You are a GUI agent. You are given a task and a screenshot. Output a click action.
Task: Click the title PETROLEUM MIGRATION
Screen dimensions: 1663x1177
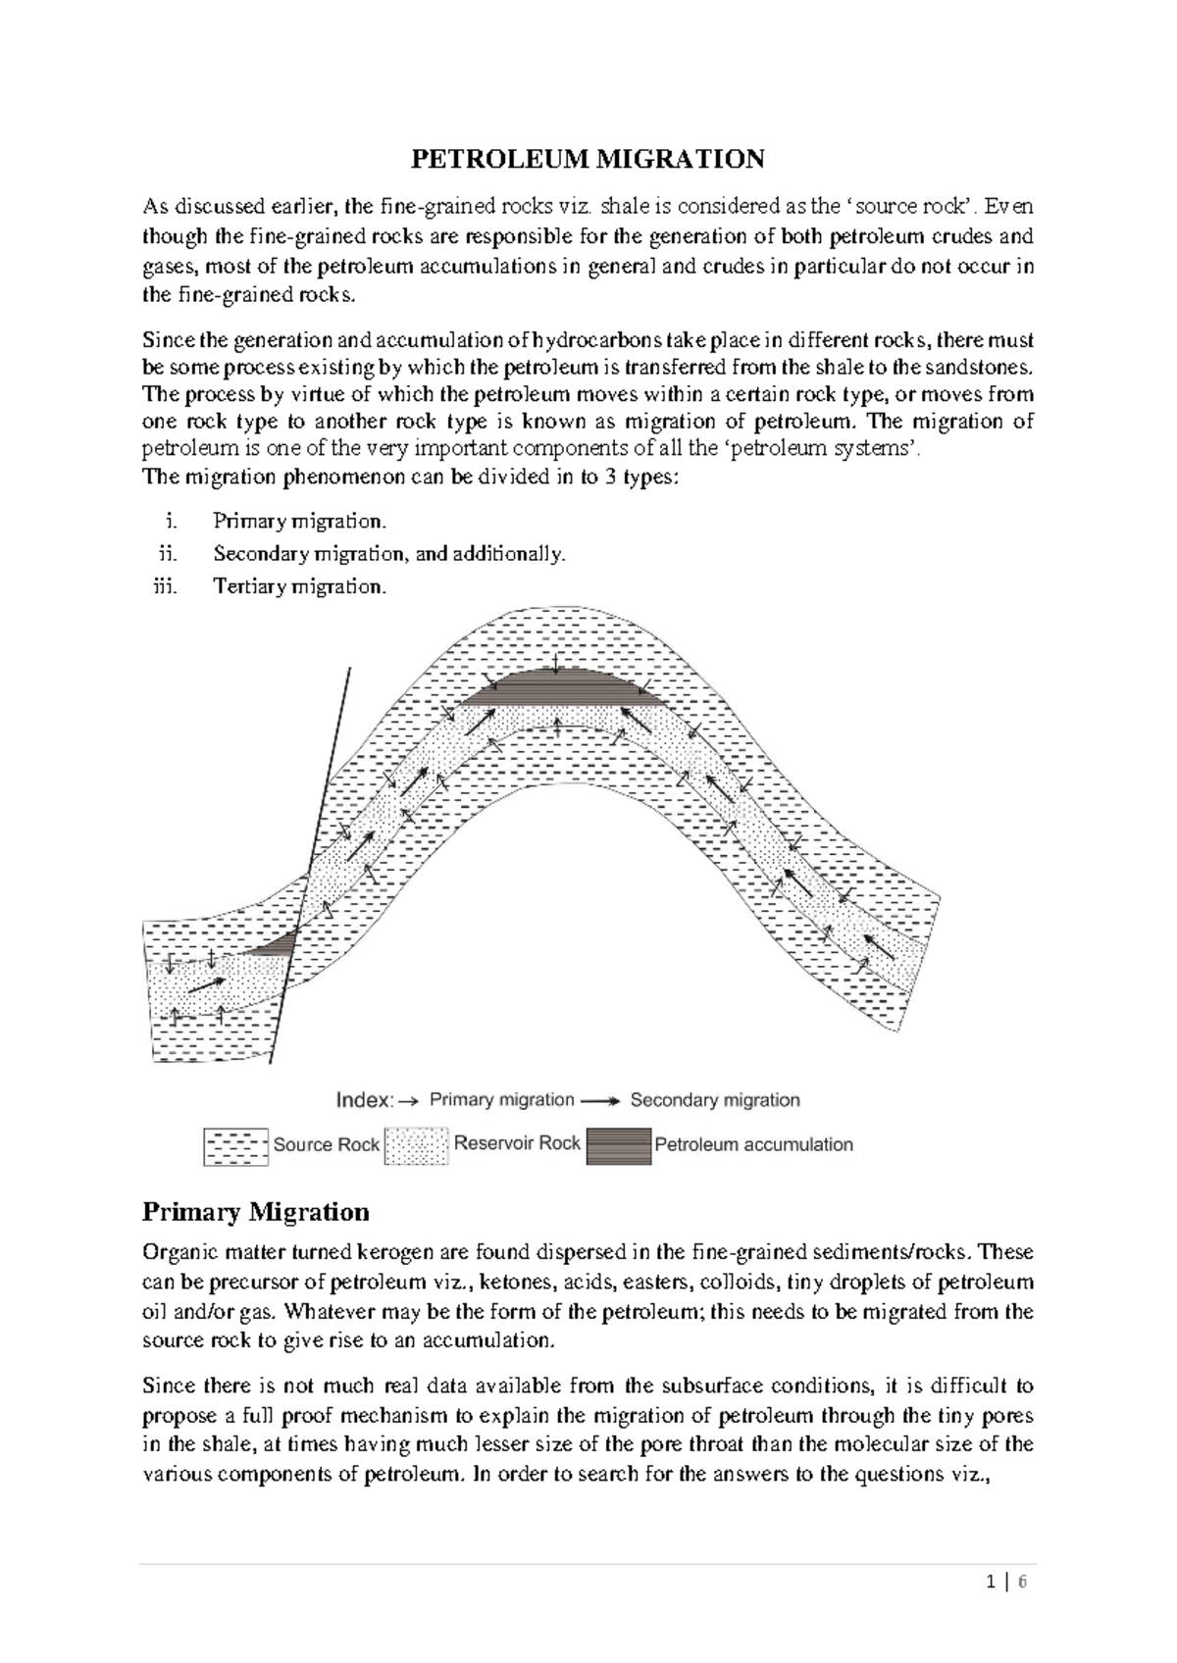pyautogui.click(x=587, y=159)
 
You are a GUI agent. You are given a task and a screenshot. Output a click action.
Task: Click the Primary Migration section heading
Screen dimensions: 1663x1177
pyautogui.click(x=255, y=1212)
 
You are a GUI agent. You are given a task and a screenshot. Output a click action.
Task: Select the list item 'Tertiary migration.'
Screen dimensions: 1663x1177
pyautogui.click(x=299, y=586)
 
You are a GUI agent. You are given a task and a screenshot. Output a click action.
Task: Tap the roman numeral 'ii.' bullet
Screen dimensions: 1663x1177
pyautogui.click(x=168, y=554)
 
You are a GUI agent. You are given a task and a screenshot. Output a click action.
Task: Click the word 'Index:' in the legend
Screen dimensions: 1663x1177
pyautogui.click(x=365, y=1100)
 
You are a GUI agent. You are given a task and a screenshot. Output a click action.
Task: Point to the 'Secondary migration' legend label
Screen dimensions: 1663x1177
pyautogui.click(x=714, y=1100)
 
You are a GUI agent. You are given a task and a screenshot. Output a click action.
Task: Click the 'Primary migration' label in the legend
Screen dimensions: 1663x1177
pyautogui.click(x=501, y=1100)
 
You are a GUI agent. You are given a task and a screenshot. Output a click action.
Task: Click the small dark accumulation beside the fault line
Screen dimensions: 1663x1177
pyautogui.click(x=279, y=945)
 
